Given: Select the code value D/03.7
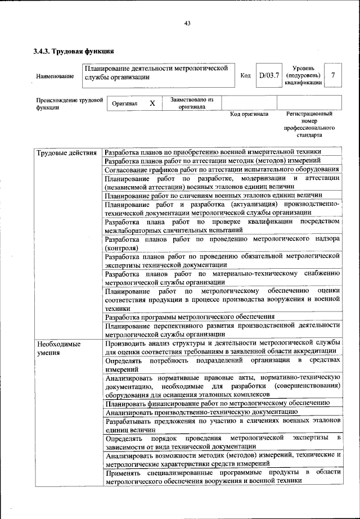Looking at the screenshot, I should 268,75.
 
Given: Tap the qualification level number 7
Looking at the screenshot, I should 335,75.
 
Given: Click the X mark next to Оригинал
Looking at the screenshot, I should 152,103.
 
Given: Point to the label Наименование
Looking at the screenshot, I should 55,76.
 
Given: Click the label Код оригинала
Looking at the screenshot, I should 249,114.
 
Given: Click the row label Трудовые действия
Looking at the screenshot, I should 66,152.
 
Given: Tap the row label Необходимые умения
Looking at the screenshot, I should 58,347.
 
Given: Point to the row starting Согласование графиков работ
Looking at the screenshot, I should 222,169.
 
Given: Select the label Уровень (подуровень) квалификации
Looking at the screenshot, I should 304,75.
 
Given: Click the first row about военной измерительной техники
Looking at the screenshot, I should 213,152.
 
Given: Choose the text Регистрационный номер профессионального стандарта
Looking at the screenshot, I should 309,124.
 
